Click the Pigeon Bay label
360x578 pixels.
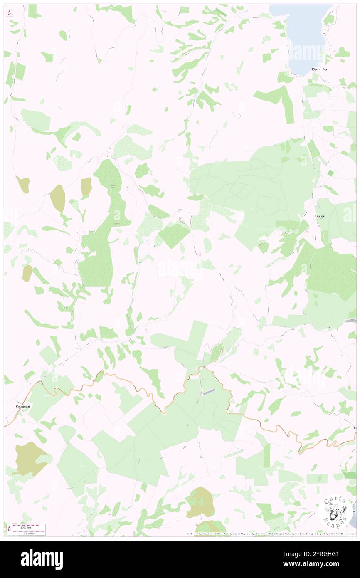(319, 69)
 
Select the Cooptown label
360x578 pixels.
(23, 406)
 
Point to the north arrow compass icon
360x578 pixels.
(9, 13)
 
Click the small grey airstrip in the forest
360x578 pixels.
(209, 391)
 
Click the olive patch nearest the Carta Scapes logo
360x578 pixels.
(200, 502)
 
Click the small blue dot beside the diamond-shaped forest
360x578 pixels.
(155, 246)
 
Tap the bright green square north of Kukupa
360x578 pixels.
(330, 173)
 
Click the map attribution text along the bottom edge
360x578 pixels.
(270, 534)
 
